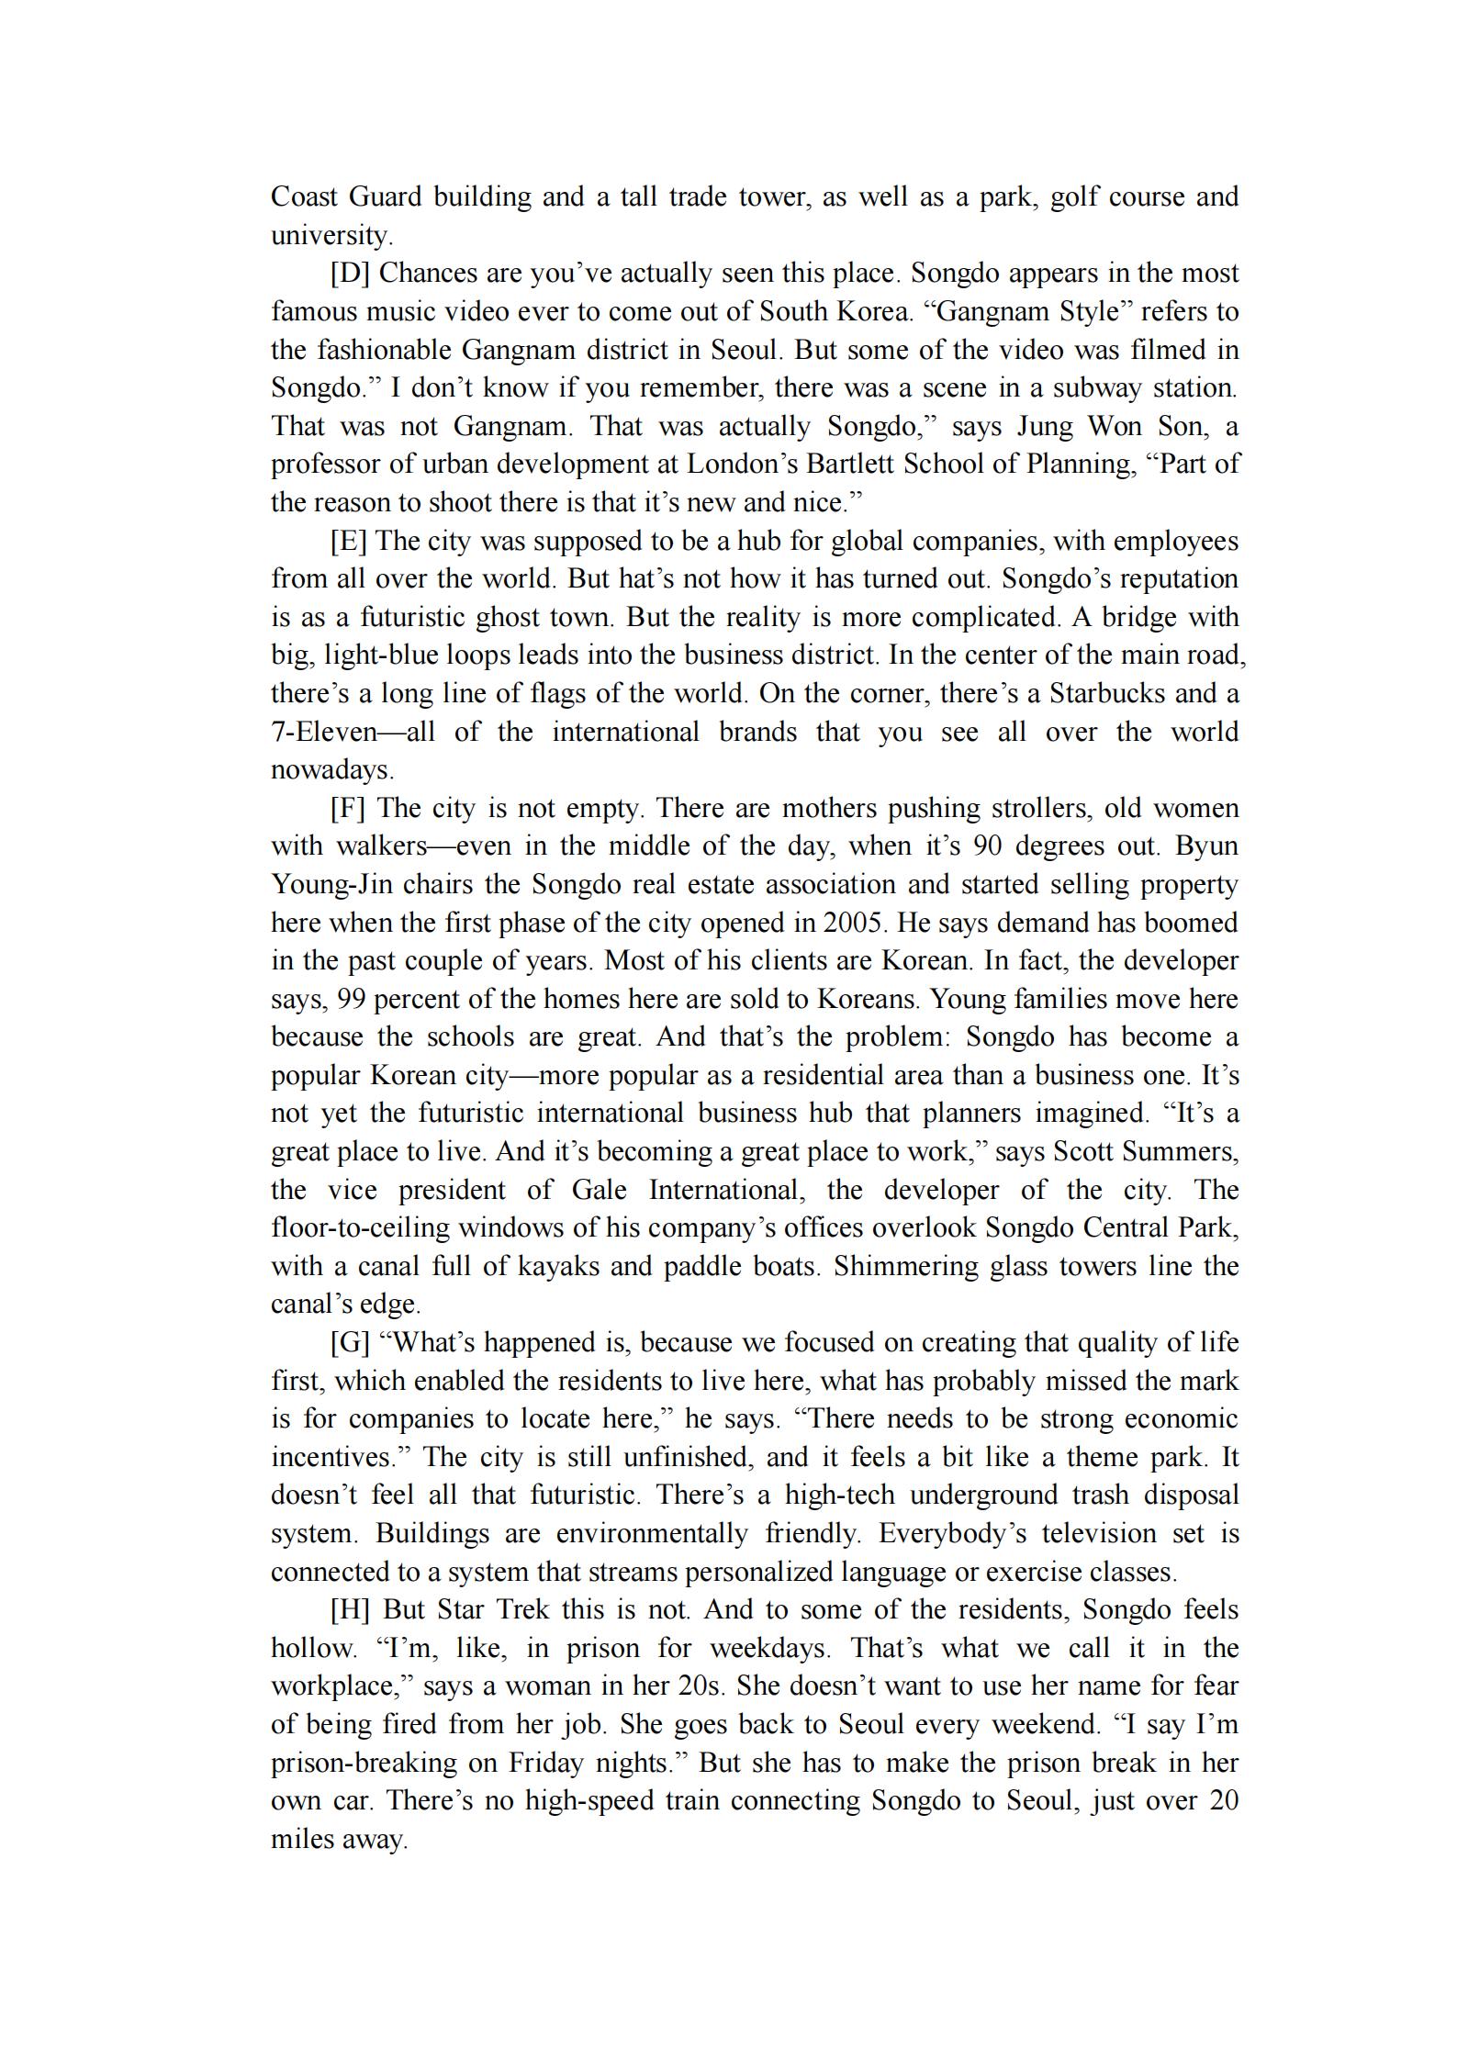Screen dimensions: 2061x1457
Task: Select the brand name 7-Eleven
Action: (x=324, y=733)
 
